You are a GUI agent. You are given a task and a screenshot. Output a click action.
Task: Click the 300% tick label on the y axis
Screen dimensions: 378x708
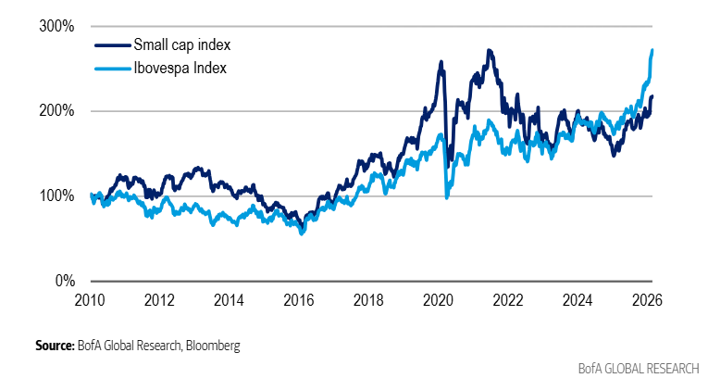click(x=57, y=26)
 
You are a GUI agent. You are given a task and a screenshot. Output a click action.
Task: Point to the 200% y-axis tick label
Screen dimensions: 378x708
click(x=57, y=111)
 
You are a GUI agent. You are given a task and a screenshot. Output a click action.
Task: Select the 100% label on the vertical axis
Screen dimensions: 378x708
click(x=57, y=195)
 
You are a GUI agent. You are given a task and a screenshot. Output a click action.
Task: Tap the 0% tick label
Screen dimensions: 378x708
click(x=63, y=281)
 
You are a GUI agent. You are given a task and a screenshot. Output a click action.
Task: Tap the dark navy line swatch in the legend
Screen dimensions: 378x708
click(x=112, y=44)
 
